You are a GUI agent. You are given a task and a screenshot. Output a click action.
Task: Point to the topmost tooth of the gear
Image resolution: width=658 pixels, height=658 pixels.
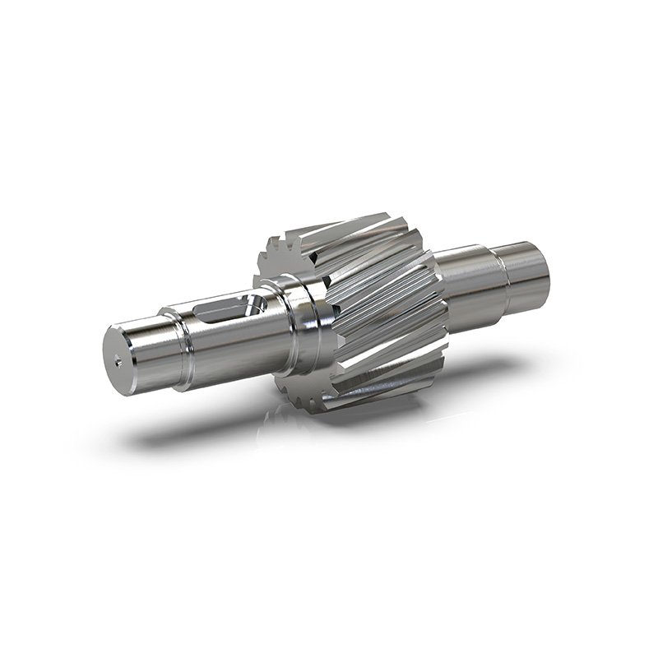pos(362,220)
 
